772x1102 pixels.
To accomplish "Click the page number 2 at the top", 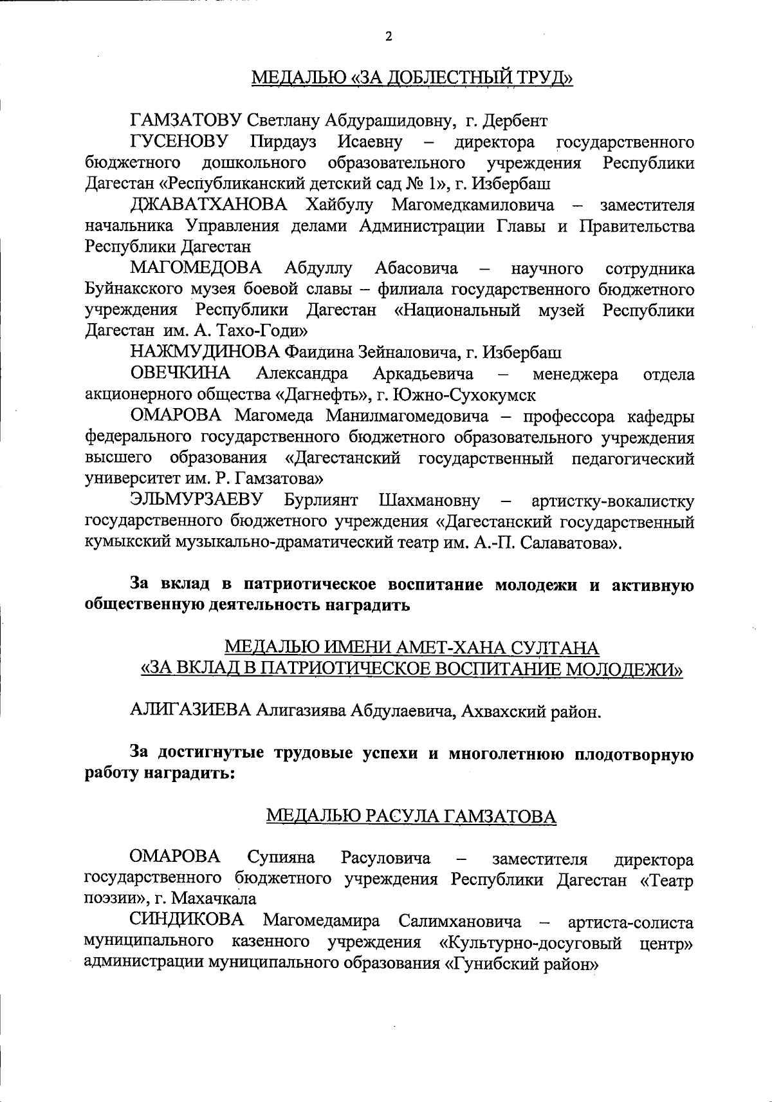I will click(388, 36).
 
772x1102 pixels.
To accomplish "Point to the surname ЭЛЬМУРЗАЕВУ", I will click(198, 501).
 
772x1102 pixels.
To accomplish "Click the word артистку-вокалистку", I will click(613, 501).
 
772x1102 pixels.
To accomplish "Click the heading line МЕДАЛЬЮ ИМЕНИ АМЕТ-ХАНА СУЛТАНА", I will click(411, 648).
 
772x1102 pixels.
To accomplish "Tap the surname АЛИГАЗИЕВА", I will click(190, 711).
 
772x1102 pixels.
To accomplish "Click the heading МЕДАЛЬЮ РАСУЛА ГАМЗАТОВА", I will click(411, 817).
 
